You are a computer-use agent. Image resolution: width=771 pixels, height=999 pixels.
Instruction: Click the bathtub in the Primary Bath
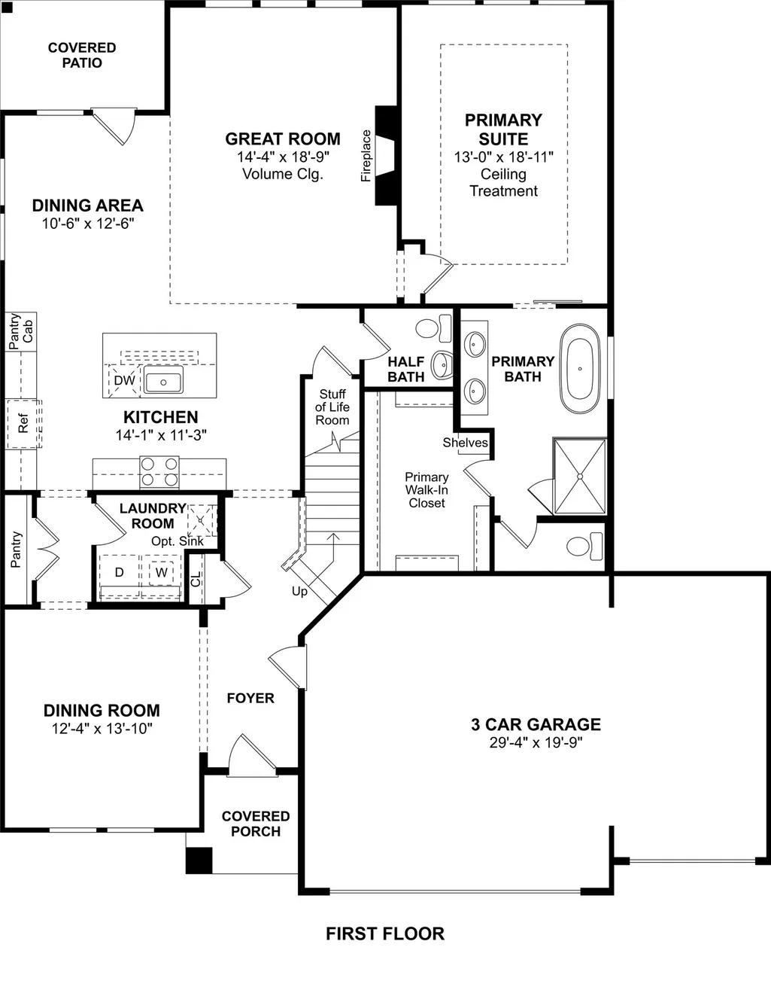(x=579, y=369)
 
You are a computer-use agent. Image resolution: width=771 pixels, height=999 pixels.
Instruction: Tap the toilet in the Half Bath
(x=433, y=328)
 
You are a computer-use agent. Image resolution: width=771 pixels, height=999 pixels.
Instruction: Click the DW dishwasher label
(x=124, y=380)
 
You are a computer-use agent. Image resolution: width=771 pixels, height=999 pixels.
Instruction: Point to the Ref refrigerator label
(x=23, y=423)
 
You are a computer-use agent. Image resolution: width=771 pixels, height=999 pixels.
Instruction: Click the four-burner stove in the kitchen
(x=159, y=472)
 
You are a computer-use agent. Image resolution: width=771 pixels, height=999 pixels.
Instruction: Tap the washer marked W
(x=161, y=572)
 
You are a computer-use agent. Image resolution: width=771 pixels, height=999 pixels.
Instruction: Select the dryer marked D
(x=119, y=572)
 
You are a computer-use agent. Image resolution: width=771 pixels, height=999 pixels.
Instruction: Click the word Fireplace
(x=366, y=156)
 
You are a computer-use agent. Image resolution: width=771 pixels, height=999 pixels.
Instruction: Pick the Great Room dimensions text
(x=283, y=157)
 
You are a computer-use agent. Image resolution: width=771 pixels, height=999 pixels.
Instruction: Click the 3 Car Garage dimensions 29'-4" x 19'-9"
(x=536, y=742)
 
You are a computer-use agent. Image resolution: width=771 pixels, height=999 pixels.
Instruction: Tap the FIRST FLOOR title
(x=385, y=934)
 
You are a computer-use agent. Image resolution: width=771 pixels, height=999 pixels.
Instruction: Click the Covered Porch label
(x=256, y=824)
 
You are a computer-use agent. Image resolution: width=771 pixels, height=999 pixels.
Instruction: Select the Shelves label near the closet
(x=465, y=442)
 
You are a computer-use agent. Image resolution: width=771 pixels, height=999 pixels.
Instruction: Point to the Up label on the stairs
(x=299, y=591)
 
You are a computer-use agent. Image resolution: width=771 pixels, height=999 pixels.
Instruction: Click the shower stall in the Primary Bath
(x=580, y=477)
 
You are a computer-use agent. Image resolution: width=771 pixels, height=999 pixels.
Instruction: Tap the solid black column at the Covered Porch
(x=199, y=860)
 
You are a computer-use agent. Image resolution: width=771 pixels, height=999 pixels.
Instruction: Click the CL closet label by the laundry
(x=196, y=579)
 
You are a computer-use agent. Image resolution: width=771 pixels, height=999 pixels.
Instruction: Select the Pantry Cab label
(x=21, y=331)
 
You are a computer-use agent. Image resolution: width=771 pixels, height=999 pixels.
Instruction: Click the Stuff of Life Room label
(x=332, y=407)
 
